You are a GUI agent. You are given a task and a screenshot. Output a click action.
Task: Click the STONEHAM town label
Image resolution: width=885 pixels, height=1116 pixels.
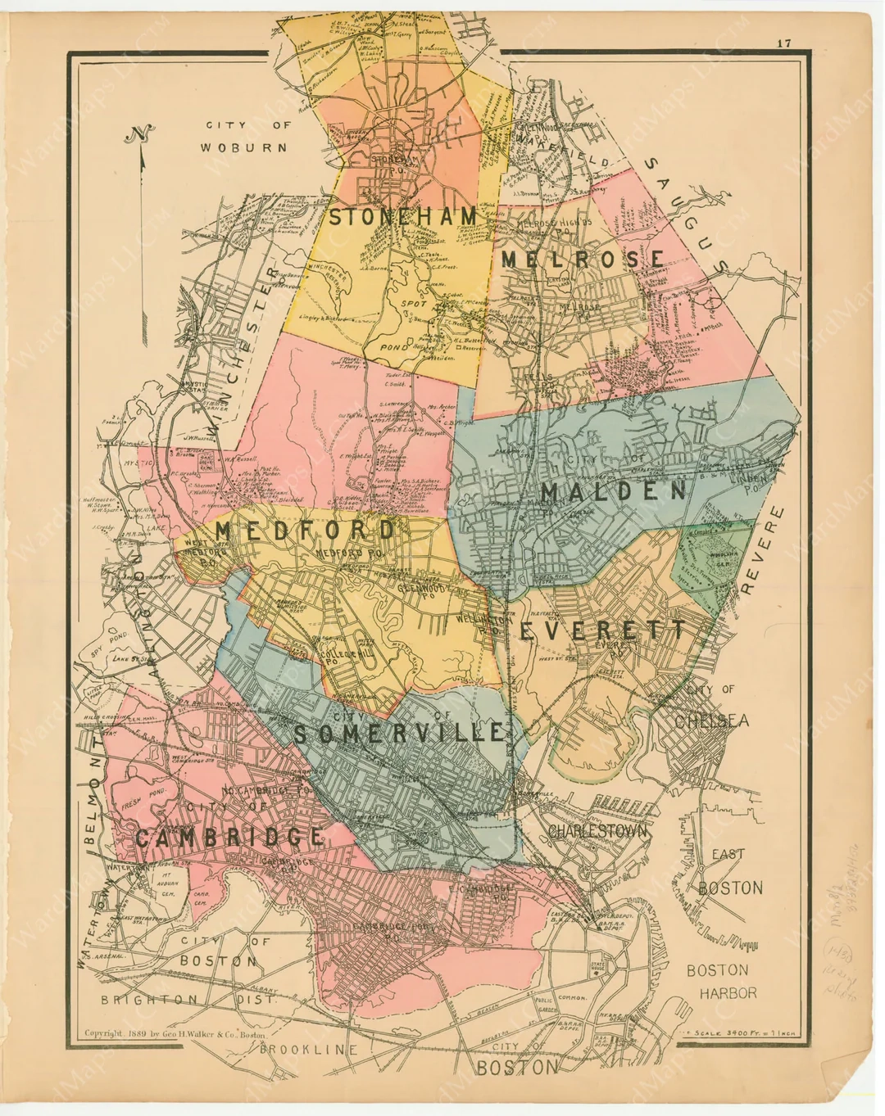[402, 216]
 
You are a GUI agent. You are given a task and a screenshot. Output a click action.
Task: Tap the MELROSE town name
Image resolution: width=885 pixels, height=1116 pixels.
[583, 259]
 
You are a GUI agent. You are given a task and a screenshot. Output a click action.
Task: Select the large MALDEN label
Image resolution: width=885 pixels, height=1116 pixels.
[613, 490]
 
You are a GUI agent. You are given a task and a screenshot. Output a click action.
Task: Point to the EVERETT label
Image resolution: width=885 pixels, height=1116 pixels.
[602, 630]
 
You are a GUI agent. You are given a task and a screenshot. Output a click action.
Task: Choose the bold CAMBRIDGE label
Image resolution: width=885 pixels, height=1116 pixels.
[229, 837]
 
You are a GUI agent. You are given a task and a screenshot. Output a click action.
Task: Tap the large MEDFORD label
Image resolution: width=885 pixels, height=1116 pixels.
[306, 531]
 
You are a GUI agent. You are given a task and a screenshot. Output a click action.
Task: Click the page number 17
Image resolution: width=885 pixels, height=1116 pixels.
[784, 43]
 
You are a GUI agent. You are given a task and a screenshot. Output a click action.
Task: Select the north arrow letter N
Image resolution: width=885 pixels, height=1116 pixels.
[140, 133]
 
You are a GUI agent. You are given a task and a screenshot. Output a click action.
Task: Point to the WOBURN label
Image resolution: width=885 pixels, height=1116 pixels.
[244, 147]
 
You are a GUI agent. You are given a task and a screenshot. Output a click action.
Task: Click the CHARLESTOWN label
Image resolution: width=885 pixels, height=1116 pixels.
[597, 831]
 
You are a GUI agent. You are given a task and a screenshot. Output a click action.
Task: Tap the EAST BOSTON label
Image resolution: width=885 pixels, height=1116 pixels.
[729, 871]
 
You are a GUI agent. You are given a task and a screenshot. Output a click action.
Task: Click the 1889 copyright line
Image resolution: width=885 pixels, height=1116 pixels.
[175, 1033]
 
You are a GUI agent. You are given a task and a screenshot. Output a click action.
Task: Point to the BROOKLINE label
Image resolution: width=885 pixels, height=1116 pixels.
[309, 1050]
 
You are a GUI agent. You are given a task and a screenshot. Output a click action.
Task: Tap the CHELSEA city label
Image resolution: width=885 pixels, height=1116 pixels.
[711, 721]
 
